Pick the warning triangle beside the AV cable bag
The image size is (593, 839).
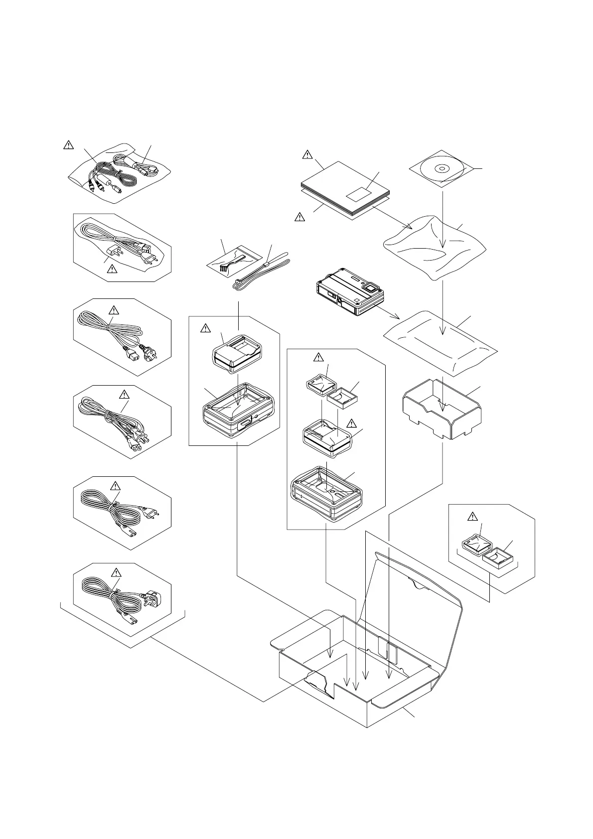(x=68, y=145)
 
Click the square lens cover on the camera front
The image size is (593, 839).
(x=370, y=287)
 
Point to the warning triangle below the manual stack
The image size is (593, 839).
(x=299, y=217)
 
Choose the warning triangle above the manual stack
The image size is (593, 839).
(x=307, y=155)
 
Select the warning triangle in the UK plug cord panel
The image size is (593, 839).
(x=116, y=571)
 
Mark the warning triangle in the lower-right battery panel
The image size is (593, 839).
(x=474, y=516)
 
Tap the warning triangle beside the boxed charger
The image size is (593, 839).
(x=204, y=328)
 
